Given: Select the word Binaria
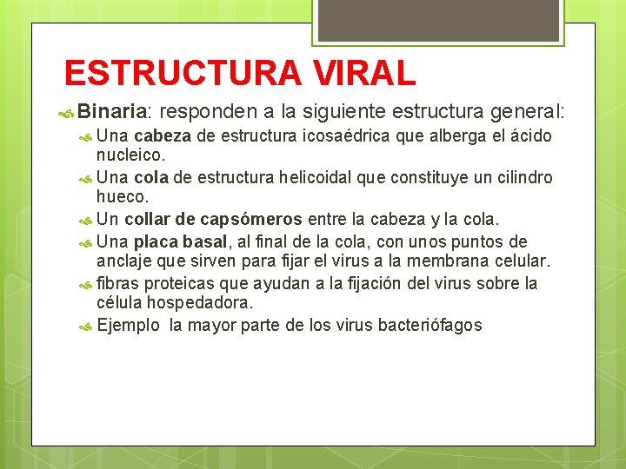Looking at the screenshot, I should [x=114, y=111].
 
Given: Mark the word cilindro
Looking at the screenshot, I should [x=521, y=177].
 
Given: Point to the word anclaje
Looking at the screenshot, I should [x=125, y=261].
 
